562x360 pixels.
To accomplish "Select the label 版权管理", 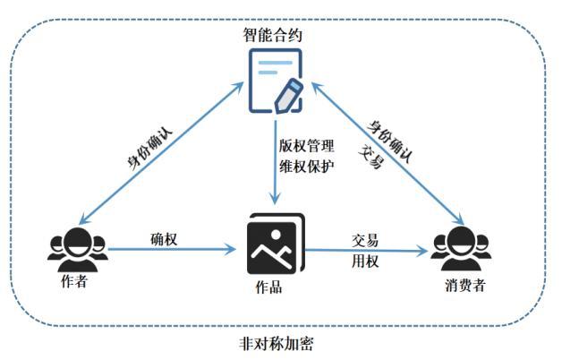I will pyautogui.click(x=307, y=145).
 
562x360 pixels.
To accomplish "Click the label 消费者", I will pyautogui.click(x=463, y=286).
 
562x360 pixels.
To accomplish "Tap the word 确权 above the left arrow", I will pyautogui.click(x=163, y=238).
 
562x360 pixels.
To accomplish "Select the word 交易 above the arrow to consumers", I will pyautogui.click(x=364, y=240).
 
